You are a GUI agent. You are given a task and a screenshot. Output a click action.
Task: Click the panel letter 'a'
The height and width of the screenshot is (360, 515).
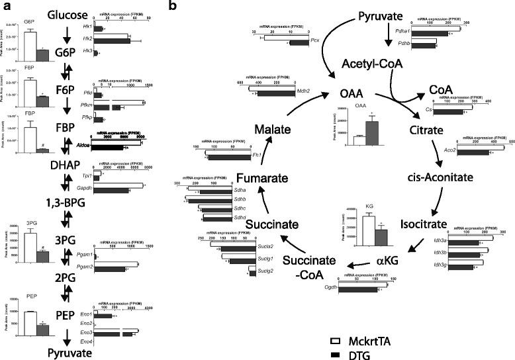coord(5,6)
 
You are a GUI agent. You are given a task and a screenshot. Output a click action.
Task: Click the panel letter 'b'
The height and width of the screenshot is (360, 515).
coord(172,7)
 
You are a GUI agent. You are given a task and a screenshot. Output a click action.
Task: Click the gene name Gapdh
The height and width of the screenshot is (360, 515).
coord(85,189)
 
